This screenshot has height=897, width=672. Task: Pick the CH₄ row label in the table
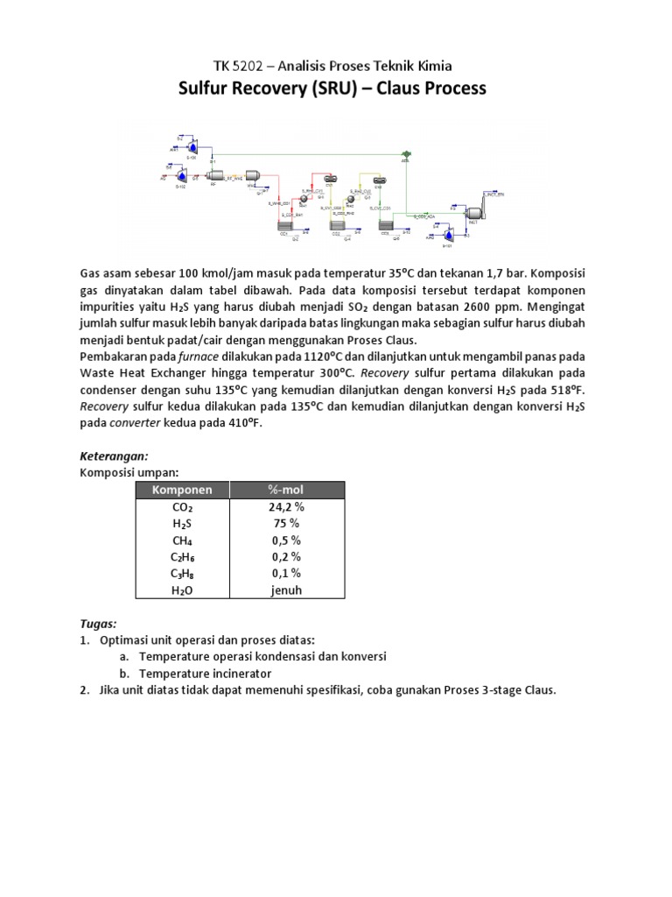[183, 540]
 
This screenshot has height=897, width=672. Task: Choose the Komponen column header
[183, 490]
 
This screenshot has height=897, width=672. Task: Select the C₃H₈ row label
[183, 573]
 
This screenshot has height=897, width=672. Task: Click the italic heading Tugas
[98, 623]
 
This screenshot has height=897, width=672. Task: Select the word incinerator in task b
[239, 673]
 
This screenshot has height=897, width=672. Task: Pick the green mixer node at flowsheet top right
[405, 153]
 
